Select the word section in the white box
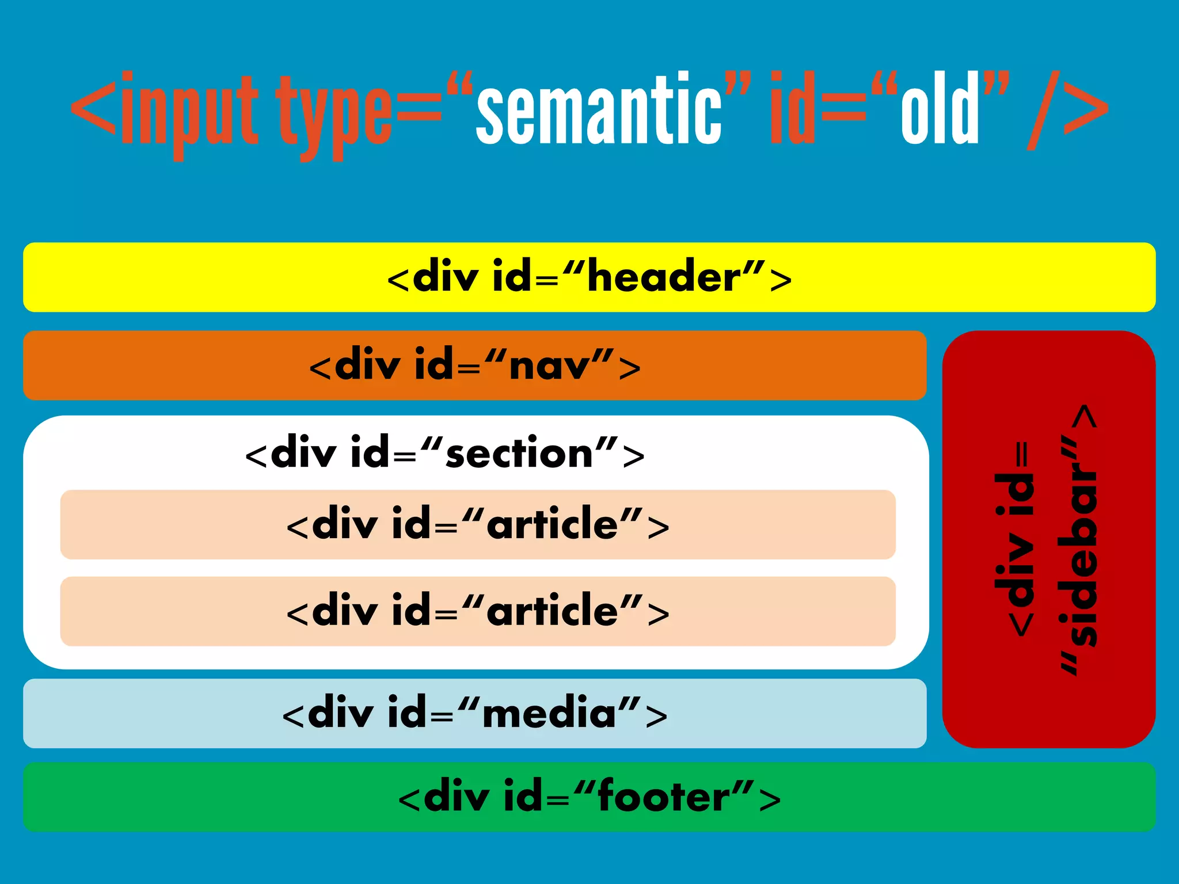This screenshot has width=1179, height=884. [x=519, y=454]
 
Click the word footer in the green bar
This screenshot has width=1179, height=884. [x=664, y=797]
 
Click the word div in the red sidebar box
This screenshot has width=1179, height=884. [x=1016, y=567]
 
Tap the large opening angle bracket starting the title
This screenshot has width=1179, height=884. [x=94, y=109]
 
